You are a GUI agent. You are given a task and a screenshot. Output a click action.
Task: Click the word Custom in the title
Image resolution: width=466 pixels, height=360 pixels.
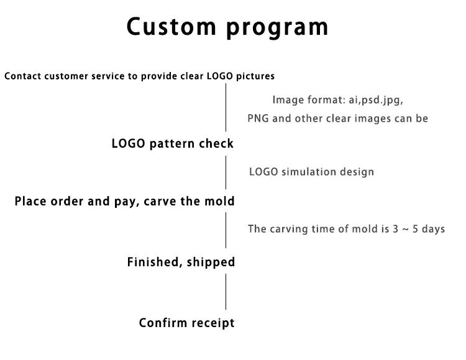(171, 27)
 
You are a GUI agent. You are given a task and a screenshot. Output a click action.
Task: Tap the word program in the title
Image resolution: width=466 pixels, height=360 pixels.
(277, 29)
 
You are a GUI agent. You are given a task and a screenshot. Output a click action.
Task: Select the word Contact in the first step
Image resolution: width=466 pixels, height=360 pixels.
(23, 76)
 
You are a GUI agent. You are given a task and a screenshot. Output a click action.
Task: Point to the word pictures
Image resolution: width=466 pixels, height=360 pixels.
(255, 76)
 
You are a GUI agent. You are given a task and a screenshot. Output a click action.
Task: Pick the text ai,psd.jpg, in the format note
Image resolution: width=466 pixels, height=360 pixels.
(376, 100)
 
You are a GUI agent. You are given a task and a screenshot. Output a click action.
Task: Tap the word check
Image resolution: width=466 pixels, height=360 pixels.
(216, 143)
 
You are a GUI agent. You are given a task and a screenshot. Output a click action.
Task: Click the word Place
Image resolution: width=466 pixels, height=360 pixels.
(30, 201)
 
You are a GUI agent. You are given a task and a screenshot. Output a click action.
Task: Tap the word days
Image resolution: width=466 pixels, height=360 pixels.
(433, 229)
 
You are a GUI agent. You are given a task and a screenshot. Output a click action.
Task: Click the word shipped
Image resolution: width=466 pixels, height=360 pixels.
(211, 263)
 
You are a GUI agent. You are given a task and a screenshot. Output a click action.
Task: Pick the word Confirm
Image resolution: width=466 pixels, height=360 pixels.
(158, 323)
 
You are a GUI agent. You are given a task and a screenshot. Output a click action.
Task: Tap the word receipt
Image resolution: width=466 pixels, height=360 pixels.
(208, 323)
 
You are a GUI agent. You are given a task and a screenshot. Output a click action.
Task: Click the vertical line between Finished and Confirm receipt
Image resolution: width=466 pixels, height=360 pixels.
(226, 292)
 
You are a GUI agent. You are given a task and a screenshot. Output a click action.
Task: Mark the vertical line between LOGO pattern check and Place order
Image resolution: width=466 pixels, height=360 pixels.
(226, 173)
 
